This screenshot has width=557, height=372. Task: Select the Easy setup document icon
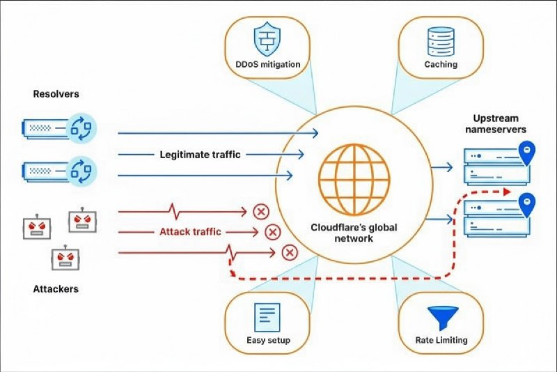(x=267, y=318)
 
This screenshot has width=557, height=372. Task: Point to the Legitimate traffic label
(x=200, y=155)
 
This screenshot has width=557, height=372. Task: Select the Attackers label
(x=56, y=288)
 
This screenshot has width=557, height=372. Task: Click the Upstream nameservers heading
(x=497, y=123)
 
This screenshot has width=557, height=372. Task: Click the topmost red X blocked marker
(x=261, y=211)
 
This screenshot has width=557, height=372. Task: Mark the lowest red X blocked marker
(x=289, y=252)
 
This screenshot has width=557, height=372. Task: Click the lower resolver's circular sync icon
(x=82, y=170)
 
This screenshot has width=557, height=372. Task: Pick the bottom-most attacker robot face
(x=65, y=260)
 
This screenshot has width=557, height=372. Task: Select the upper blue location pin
(x=528, y=153)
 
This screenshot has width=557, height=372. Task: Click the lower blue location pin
(x=528, y=203)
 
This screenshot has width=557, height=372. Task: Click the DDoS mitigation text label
(x=267, y=65)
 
